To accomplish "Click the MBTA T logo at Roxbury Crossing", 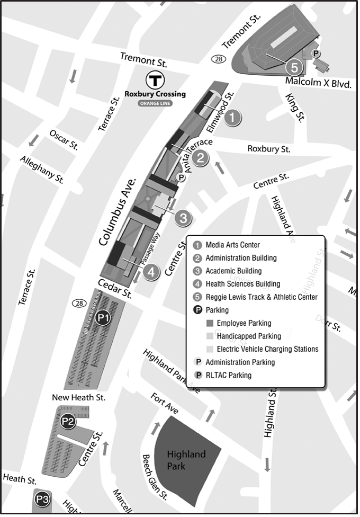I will point(155,81).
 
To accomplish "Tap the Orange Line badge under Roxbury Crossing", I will point(155,103).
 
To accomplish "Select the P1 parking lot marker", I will point(103,318).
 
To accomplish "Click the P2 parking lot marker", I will point(67,422).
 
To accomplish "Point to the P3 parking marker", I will point(42,499).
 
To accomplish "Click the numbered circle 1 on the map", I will point(232,118).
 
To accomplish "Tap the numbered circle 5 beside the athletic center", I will point(294,67).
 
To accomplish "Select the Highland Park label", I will point(186,460).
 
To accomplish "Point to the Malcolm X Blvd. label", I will point(318,82).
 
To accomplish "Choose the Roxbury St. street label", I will point(269,149).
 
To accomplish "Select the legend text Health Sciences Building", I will point(242,284).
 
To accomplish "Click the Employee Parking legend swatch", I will point(209,323).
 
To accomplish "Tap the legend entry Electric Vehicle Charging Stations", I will point(267,349).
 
